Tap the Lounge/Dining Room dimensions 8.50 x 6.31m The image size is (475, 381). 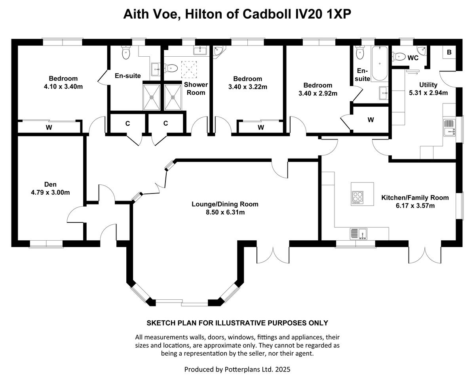[225, 212]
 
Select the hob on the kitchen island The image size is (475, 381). [357, 197]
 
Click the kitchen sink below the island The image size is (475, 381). [358, 234]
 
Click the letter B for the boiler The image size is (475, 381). [449, 52]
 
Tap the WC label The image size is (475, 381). [413, 58]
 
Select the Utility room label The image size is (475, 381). [428, 85]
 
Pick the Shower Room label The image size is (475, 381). [196, 88]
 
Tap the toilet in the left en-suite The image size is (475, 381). [126, 54]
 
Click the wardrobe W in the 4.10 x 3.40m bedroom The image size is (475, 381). [49, 127]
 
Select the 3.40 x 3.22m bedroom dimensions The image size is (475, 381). [247, 86]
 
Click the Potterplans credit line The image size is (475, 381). [237, 369]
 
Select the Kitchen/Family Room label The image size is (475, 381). [415, 197]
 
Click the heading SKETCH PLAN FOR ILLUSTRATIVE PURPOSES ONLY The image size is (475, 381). [237, 323]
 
